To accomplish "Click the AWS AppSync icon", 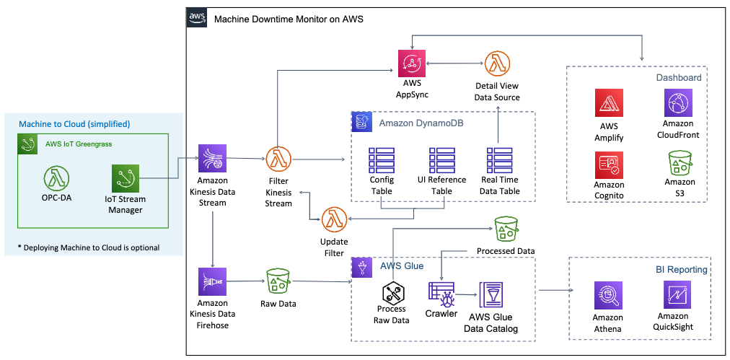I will coord(412,63).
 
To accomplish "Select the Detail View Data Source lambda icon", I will coord(497,63).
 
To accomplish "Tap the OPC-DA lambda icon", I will coord(56,178).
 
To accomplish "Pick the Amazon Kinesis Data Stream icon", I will coord(212,158).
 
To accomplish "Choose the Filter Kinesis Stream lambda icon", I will coord(278,158).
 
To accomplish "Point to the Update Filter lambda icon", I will coord(334,219).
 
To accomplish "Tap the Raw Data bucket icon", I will coord(278,281).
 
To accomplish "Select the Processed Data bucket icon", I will coord(506,229).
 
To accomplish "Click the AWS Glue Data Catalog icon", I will coord(493,295).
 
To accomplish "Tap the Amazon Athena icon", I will coord(607,297).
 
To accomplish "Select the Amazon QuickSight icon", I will coord(677,295).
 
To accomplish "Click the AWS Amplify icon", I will coord(608,103).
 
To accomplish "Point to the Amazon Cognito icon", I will coord(608,164).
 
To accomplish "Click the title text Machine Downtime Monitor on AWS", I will coord(288,18).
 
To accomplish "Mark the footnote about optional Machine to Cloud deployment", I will coord(88,247).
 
